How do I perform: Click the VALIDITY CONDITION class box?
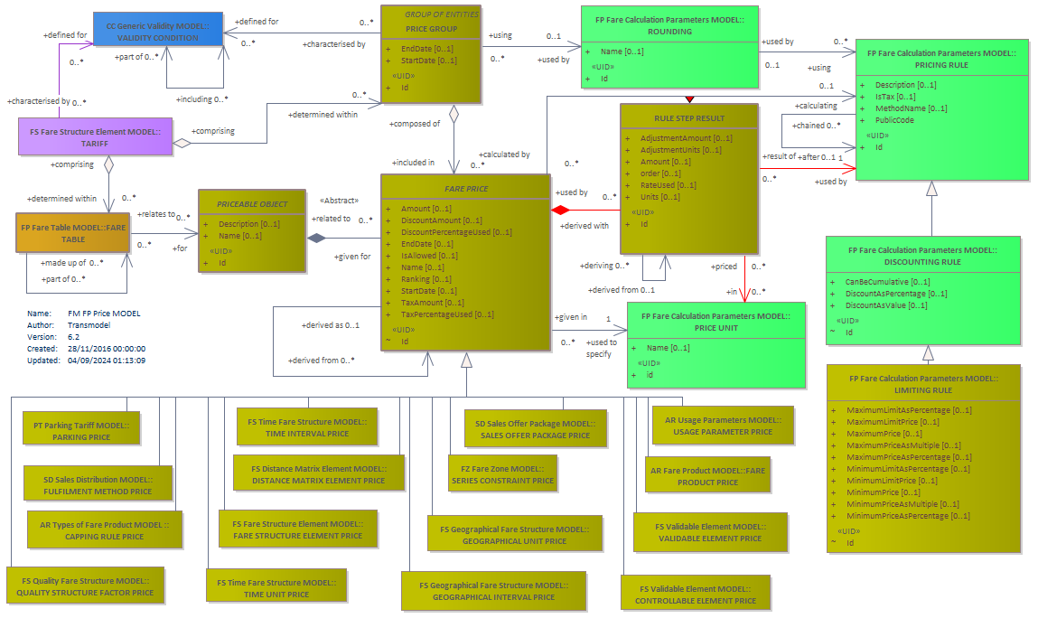point(157,29)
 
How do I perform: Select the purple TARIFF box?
point(96,136)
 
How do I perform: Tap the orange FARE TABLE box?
point(73,232)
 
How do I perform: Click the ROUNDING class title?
point(669,31)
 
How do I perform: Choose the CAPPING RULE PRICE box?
point(105,529)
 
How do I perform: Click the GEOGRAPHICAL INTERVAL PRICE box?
point(494,591)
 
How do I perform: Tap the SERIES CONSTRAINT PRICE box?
point(502,473)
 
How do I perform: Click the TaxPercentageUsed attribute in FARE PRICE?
point(447,314)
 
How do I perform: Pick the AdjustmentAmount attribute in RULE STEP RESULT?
point(686,138)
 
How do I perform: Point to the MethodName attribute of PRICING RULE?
point(911,108)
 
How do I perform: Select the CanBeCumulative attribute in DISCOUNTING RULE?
point(887,282)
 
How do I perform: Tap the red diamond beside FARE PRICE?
point(560,210)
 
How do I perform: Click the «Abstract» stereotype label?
point(339,201)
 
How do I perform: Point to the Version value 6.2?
point(73,337)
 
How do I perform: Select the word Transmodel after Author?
point(89,325)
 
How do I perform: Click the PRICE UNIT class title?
point(715,328)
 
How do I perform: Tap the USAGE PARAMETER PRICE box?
point(723,425)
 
